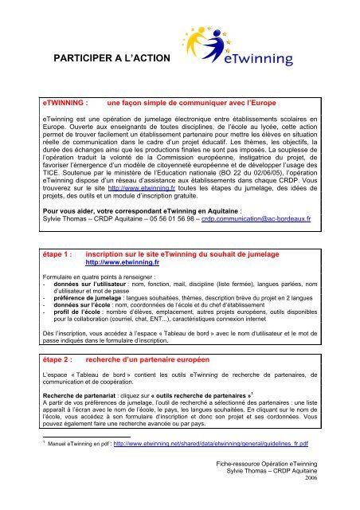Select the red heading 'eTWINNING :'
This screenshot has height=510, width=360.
click(x=70, y=126)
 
